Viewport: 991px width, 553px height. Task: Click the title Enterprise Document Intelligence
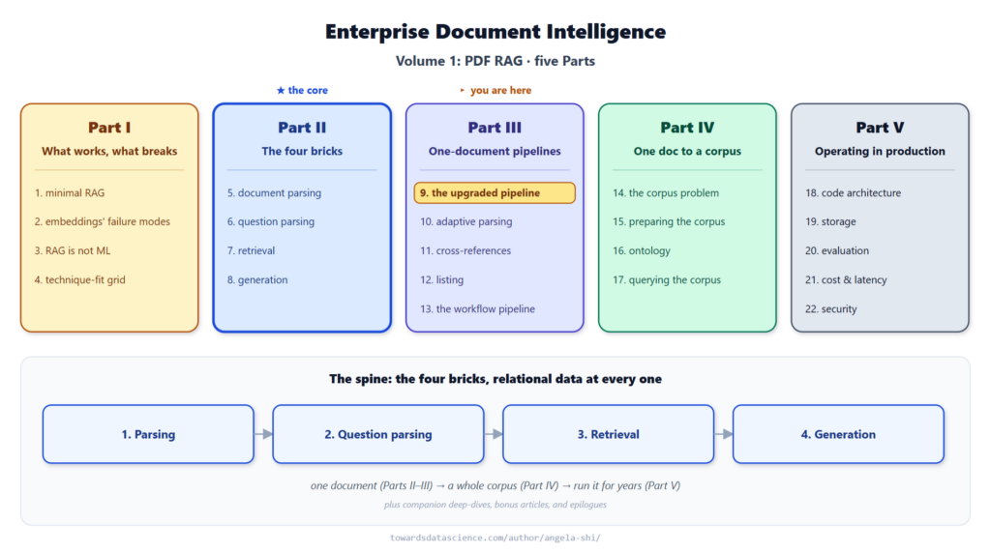pos(495,32)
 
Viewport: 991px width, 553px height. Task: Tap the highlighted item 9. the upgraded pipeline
pos(495,193)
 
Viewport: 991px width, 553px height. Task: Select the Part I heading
pos(109,128)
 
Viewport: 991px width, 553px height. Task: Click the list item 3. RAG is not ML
pos(73,250)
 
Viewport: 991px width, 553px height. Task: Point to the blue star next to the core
pos(281,90)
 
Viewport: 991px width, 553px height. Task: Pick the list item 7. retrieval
pos(251,250)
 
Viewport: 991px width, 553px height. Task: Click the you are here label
pos(500,90)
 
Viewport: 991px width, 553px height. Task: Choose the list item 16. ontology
pos(642,250)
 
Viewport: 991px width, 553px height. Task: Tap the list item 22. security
pos(831,308)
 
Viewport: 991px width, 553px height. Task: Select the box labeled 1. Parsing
pos(148,434)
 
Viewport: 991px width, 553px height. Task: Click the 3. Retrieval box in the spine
pos(609,434)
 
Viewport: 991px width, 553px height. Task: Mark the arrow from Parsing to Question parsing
pos(263,434)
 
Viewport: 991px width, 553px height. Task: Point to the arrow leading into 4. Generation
pos(724,434)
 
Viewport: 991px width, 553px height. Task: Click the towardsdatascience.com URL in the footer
pos(495,538)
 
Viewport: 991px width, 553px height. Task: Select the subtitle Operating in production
pos(880,152)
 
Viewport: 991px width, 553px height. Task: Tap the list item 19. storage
pos(830,221)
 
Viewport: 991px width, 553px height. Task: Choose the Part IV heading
pos(687,128)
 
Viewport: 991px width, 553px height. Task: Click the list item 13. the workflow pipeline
pos(477,308)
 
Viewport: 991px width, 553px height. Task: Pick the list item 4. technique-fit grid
pos(79,279)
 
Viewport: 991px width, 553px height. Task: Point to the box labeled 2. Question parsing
pos(378,434)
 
